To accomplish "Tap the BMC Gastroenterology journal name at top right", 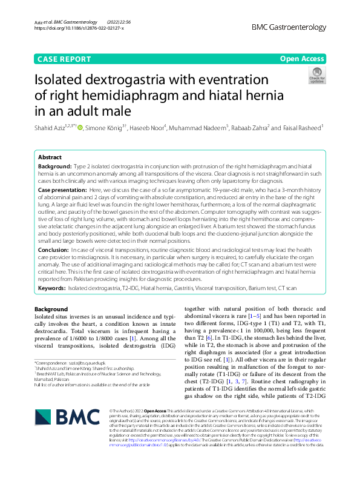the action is coord(288,28).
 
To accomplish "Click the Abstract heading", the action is coord(50,156).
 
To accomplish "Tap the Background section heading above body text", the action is coord(51,309).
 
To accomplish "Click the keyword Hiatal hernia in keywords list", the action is coord(161,288).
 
